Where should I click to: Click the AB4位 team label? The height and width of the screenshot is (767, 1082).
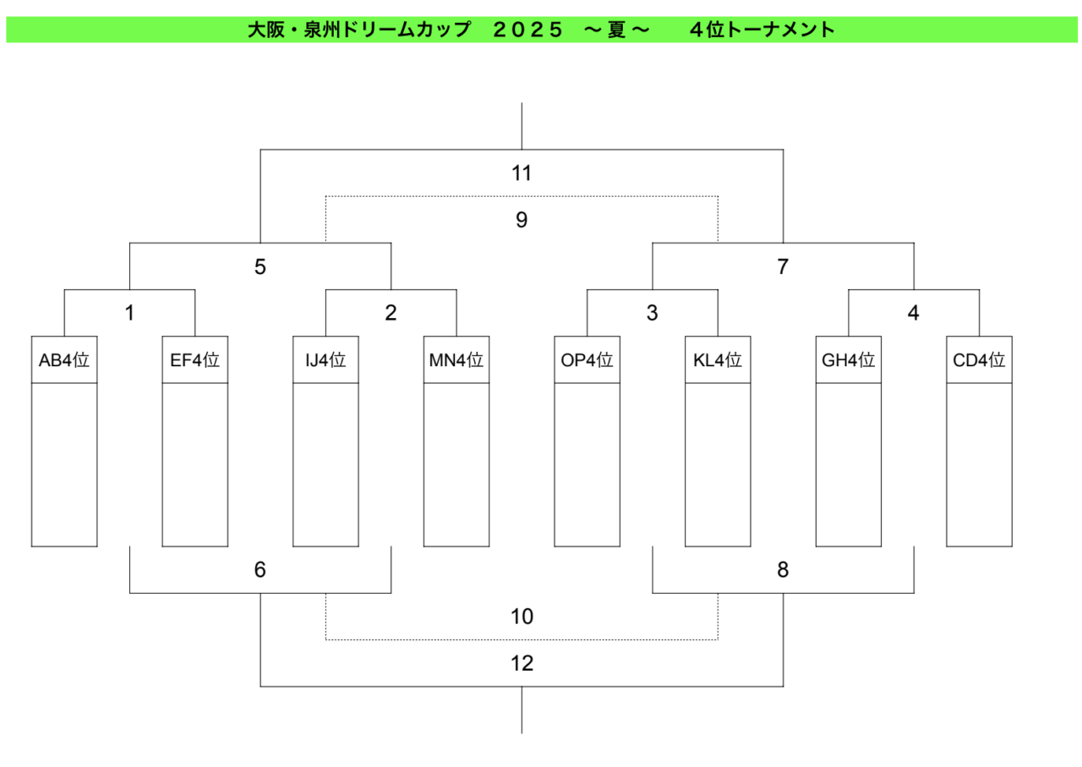64,360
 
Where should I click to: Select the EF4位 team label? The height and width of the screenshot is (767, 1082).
195,360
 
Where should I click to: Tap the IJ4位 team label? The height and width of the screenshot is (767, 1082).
325,360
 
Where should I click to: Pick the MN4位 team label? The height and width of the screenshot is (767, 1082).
456,360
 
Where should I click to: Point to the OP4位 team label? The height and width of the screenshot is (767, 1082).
587,360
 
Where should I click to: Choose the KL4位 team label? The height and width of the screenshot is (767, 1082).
718,360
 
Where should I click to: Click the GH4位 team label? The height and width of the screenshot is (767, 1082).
848,360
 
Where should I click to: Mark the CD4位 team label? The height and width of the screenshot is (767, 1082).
979,360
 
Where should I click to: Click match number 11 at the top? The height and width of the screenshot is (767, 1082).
522,173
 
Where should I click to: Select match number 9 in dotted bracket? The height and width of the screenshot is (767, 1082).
522,220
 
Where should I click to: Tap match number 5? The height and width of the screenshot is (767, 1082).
260,266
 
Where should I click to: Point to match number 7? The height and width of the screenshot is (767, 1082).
783,266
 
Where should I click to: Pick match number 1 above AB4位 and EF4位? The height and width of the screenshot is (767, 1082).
129,313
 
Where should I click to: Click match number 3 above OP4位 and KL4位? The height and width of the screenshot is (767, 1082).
652,313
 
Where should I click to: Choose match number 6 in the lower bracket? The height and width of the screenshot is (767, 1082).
260,570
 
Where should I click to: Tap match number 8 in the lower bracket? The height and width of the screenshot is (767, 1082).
783,570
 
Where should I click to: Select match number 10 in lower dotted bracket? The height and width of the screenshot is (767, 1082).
522,616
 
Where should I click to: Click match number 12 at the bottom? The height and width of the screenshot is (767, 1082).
522,664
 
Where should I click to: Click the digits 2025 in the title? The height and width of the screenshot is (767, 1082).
527,30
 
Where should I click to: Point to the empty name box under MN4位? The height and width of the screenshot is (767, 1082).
456,465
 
